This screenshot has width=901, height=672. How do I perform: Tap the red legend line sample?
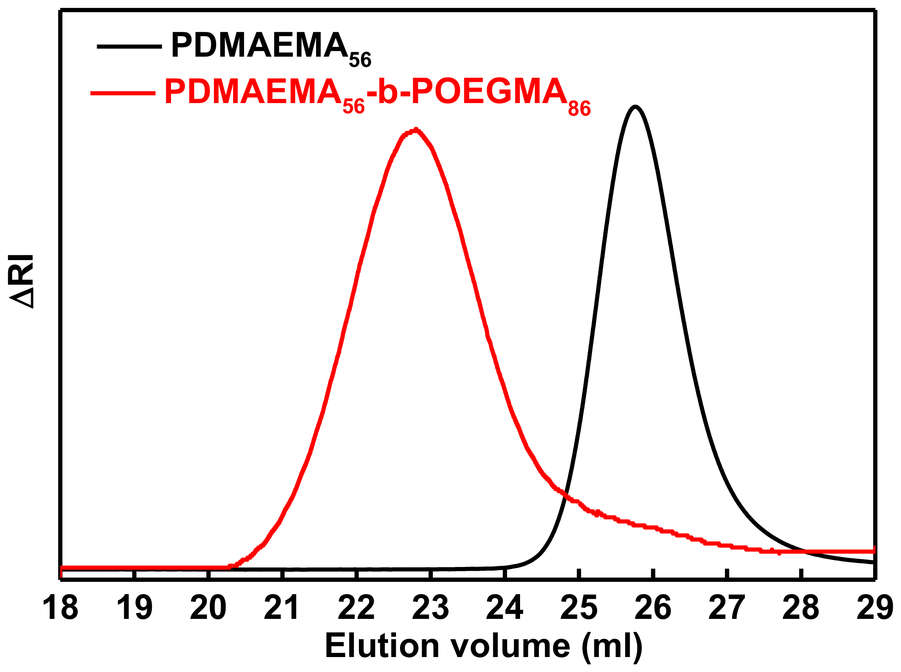[123, 93]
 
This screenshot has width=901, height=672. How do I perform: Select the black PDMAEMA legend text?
[260, 46]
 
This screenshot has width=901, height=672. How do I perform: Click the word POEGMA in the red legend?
[489, 92]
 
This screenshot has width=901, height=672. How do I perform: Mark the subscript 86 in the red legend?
[579, 109]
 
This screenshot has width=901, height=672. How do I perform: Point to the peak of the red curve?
[415, 131]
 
